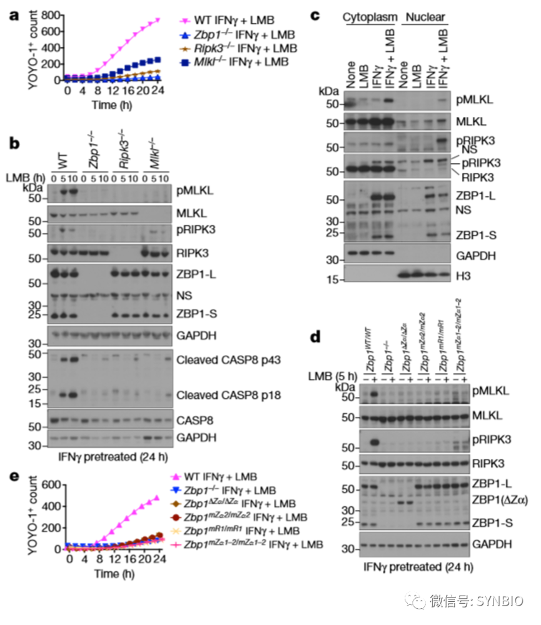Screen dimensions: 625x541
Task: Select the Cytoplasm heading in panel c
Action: pos(368,17)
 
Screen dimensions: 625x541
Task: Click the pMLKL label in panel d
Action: pos(490,391)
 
